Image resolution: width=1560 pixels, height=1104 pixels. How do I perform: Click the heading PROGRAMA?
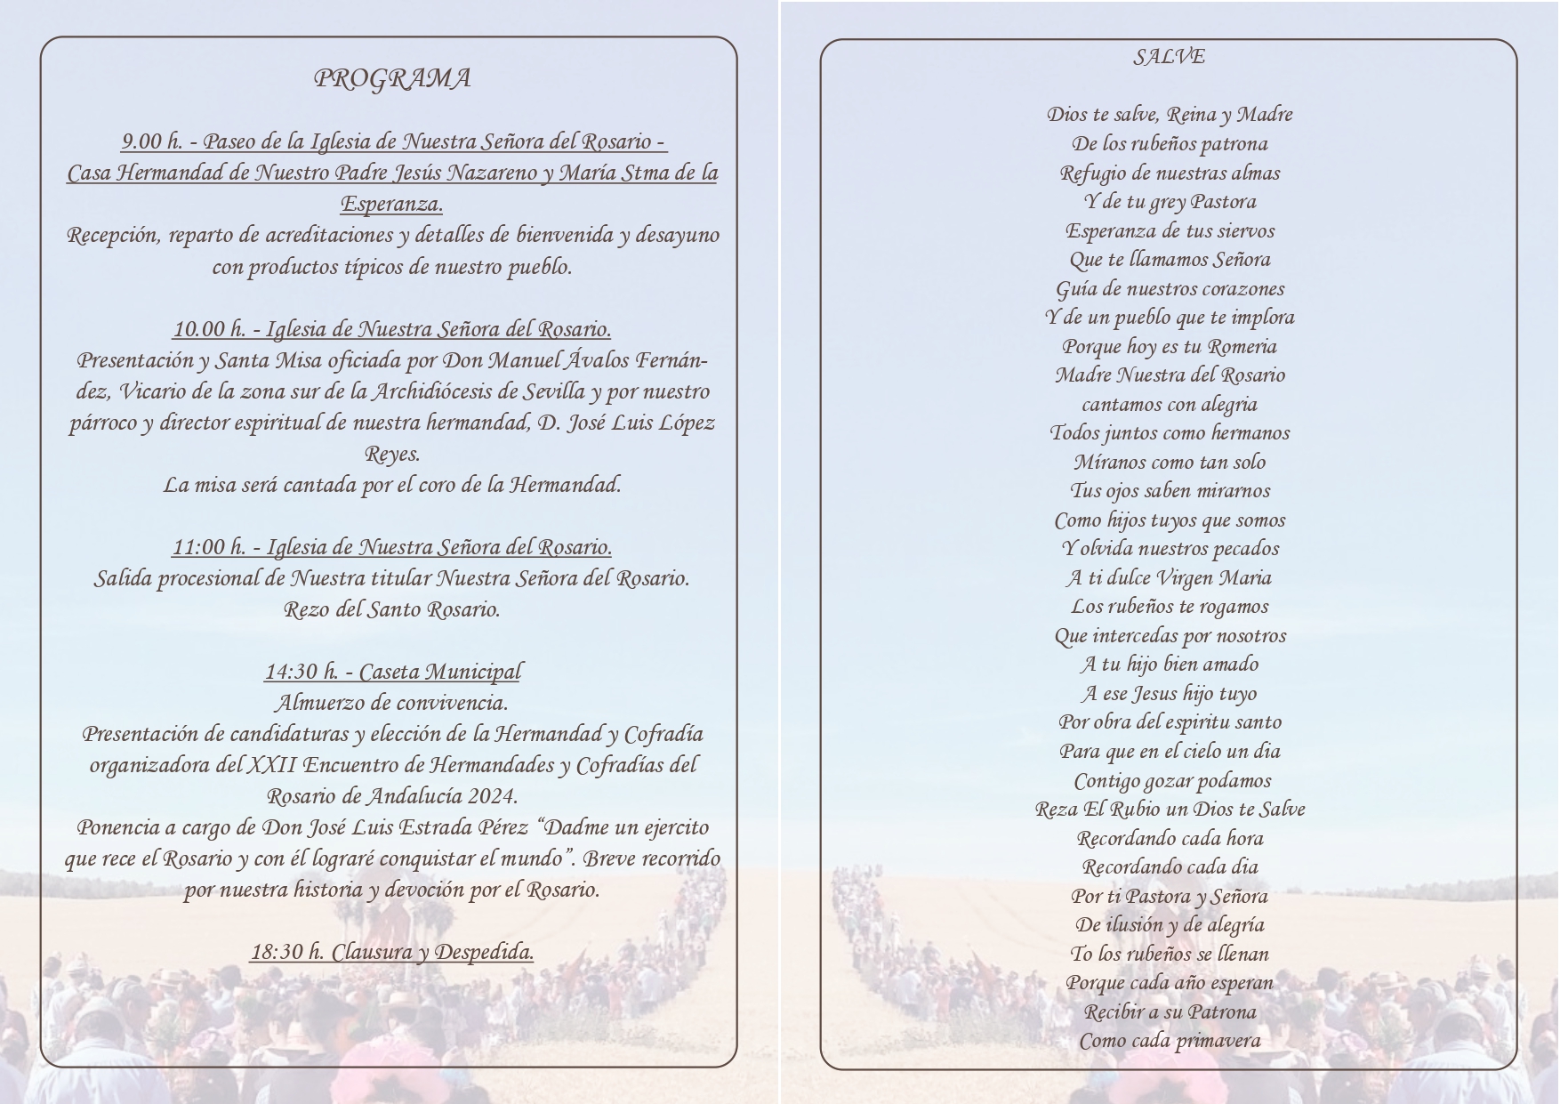point(392,79)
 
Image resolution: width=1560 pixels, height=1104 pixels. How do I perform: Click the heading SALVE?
point(1169,57)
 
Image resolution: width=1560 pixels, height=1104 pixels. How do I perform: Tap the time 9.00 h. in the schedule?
point(152,141)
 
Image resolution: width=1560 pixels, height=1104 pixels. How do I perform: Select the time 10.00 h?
point(209,329)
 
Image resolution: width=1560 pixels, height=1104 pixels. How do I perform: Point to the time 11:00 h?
point(209,547)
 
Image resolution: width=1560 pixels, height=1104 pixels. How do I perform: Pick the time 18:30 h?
point(286,952)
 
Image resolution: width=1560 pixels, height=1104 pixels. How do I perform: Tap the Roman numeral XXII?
point(272,765)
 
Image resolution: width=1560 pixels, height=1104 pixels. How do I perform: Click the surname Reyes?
point(392,454)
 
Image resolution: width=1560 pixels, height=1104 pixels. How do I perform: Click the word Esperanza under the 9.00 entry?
point(391,204)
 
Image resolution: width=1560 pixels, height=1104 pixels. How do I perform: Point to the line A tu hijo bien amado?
point(1170,665)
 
